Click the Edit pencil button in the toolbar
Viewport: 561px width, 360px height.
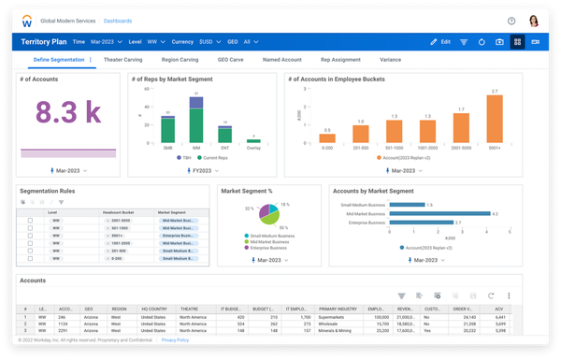pos(439,42)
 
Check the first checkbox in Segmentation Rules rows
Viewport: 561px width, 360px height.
pos(30,220)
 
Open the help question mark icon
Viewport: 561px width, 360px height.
pos(511,21)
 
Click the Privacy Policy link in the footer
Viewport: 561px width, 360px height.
pos(174,340)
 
